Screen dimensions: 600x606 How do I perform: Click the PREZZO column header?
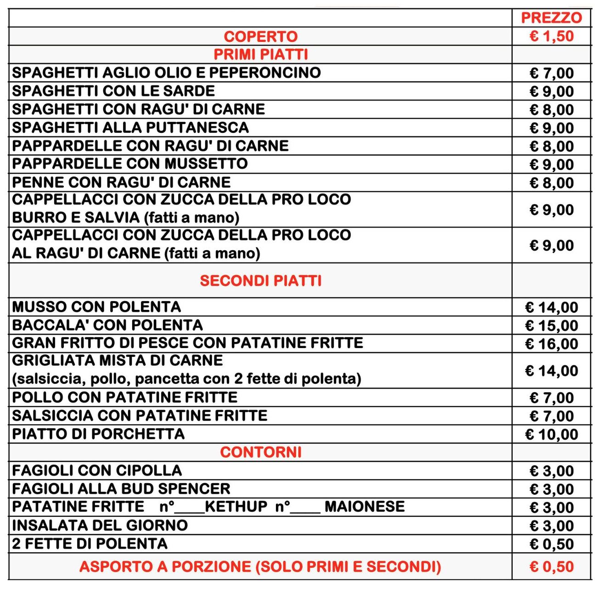[x=551, y=18]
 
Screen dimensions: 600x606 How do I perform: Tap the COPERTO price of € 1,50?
[x=551, y=36]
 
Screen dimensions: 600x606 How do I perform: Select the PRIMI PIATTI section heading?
[x=260, y=55]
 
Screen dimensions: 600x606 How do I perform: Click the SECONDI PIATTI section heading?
[x=260, y=280]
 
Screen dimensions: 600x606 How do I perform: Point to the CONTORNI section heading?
[x=260, y=452]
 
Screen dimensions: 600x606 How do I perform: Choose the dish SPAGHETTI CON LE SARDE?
[x=113, y=91]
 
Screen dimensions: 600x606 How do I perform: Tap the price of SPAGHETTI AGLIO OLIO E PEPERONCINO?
[x=551, y=73]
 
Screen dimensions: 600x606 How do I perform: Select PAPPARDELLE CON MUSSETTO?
[x=130, y=164]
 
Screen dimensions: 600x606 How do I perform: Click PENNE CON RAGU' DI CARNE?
[x=121, y=182]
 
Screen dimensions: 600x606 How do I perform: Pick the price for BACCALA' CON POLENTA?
[x=551, y=326]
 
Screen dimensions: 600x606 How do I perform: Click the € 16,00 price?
[x=551, y=344]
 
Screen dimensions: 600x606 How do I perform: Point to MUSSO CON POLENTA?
[x=96, y=307]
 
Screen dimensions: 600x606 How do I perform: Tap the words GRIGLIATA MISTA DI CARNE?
[x=118, y=360]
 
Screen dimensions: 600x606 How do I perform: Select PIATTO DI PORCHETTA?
[x=98, y=434]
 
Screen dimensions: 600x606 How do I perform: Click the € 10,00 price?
[x=551, y=434]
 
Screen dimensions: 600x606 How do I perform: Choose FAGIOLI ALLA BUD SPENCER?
[x=121, y=489]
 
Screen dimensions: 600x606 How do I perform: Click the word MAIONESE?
[x=365, y=507]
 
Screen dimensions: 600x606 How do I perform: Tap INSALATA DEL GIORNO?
[x=100, y=525]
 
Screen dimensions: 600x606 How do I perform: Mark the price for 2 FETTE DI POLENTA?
[x=551, y=544]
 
